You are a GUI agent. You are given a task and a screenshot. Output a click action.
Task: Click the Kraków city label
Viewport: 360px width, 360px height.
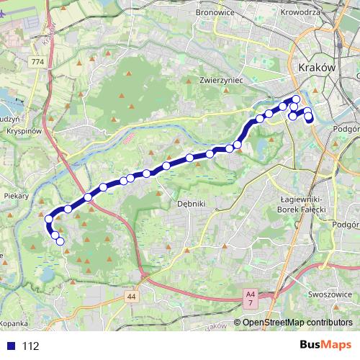tap(316, 66)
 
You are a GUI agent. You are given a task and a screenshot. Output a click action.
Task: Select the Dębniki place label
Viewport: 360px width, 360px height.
tap(192, 204)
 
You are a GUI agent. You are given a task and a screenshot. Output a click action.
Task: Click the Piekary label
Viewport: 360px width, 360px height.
tap(16, 194)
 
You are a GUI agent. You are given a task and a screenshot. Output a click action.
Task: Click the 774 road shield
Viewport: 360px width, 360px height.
tap(37, 63)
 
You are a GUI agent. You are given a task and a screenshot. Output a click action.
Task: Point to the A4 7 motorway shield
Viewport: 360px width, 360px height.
tap(250, 297)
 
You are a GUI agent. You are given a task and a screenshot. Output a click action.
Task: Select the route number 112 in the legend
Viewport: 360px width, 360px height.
tap(30, 346)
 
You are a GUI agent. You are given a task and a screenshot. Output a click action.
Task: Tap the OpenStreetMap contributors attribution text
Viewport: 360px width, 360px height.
tap(297, 322)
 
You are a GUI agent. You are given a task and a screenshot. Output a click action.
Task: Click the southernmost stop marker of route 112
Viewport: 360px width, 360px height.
tap(60, 242)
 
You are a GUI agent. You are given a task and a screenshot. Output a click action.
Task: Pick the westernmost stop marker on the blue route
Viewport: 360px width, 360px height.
tap(49, 219)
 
